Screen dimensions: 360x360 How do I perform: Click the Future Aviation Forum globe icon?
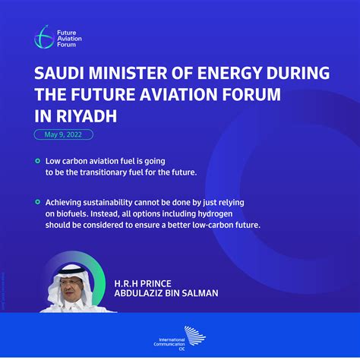(x=44, y=37)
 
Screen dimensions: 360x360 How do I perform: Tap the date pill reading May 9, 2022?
(x=64, y=134)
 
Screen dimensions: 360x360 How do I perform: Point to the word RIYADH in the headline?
(x=87, y=116)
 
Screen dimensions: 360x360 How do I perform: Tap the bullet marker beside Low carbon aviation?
(x=38, y=161)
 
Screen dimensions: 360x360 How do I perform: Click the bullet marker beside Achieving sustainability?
(x=38, y=202)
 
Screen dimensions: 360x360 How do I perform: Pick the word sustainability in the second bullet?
(x=108, y=203)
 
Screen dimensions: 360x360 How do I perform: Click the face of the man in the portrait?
(x=69, y=288)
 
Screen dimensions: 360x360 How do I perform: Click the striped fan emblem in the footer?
(x=194, y=336)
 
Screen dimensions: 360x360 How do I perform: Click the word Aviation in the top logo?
(x=69, y=39)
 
